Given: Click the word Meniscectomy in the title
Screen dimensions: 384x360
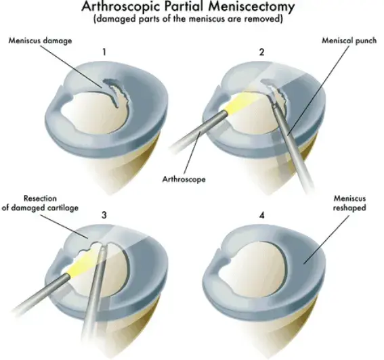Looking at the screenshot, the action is point(251,7).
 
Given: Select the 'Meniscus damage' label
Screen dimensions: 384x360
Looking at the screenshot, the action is point(41,41).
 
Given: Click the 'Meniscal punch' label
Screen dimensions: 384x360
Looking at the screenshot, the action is point(349,41).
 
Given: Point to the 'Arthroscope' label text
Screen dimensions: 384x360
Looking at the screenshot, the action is point(184,179).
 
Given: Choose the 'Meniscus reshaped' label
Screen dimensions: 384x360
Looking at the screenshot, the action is point(349,203).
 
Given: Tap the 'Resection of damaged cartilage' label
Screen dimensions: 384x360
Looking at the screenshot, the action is point(40,203).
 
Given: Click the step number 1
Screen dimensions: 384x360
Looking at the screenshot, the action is point(104,52).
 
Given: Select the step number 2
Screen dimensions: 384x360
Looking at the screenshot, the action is point(262,52).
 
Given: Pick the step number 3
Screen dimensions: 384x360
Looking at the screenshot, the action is point(104,215).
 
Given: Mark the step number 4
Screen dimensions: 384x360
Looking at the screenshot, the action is point(262,215).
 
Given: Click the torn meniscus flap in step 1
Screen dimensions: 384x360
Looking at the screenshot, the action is point(115,92).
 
